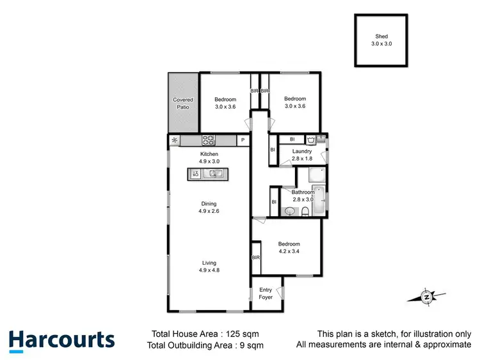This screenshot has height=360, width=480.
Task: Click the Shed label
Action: [381, 37]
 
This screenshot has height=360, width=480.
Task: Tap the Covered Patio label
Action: [183, 103]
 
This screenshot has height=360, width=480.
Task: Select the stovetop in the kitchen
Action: [209, 140]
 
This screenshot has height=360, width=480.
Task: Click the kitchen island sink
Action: [217, 173]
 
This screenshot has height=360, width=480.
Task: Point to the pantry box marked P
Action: [243, 140]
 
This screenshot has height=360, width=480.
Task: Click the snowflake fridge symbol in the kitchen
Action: [173, 140]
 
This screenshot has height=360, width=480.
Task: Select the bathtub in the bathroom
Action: [322, 200]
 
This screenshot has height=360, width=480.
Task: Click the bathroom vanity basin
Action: [291, 211]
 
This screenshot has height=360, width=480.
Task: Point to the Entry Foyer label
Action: [266, 293]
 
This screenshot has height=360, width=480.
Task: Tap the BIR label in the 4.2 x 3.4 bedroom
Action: [256, 257]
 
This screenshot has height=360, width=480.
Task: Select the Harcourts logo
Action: [61, 340]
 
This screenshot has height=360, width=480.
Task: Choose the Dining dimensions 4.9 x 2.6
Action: [208, 211]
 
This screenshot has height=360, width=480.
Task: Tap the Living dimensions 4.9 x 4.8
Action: [209, 270]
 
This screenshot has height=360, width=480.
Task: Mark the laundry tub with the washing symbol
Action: [310, 139]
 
